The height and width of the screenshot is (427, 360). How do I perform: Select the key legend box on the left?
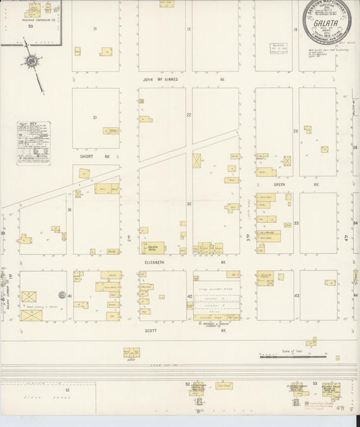[x=33, y=143]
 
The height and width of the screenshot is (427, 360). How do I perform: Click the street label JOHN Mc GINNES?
[x=163, y=78]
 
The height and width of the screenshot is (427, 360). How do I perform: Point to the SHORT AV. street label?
[x=86, y=155]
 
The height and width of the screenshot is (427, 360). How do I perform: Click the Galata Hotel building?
[x=153, y=248]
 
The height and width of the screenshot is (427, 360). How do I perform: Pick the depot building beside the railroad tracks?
[x=132, y=353]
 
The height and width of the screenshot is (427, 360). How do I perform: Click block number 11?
[x=95, y=28]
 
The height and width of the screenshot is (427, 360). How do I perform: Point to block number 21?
[x=95, y=118]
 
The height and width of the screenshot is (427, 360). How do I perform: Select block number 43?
[x=296, y=296]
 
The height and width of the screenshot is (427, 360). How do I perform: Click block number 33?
[x=296, y=222]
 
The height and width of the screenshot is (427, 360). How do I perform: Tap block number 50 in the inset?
[x=30, y=26]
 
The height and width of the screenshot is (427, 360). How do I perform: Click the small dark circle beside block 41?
[x=61, y=295]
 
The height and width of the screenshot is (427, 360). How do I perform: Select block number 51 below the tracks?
[x=67, y=391]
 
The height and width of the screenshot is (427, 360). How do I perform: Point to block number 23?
[x=295, y=130]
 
